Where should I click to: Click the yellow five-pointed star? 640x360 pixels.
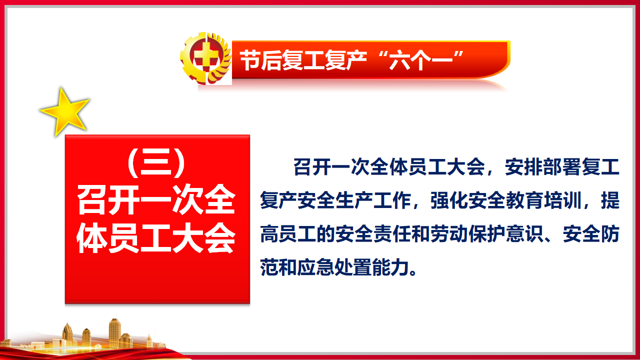point(65,112)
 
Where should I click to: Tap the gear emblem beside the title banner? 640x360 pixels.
point(205,58)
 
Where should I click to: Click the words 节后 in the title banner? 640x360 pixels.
point(260,60)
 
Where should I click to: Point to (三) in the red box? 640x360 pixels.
point(156,162)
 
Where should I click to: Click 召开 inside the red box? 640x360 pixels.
point(108,199)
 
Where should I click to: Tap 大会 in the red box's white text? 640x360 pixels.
point(203,238)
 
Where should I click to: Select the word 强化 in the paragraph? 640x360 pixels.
point(449,200)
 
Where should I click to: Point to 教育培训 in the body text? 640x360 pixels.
point(543,200)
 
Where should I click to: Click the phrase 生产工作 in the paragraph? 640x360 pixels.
point(373,200)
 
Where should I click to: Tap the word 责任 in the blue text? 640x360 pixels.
point(392,234)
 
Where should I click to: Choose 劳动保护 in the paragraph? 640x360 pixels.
point(468,234)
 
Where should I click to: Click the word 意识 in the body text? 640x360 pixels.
point(524,234)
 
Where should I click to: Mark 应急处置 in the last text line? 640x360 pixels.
point(335,267)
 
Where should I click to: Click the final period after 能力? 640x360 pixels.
point(413,272)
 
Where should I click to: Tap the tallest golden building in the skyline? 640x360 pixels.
point(114,333)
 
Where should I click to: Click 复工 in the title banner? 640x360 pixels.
point(303,60)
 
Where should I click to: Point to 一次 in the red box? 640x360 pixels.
point(171,199)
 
